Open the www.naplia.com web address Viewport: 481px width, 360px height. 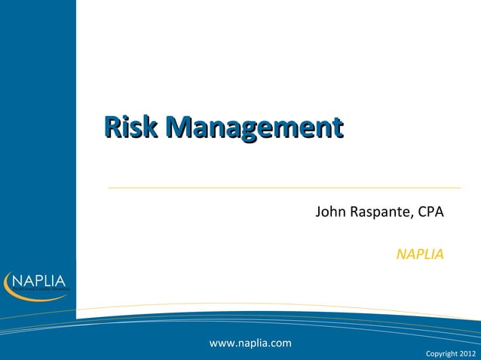pyautogui.click(x=250, y=343)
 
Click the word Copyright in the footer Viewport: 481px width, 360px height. pyautogui.click(x=440, y=352)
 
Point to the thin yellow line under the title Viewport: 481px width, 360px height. pyautogui.click(x=283, y=188)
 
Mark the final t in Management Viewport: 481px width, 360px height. pyautogui.click(x=339, y=128)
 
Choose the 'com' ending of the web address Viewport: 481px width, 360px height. pyautogui.click(x=280, y=343)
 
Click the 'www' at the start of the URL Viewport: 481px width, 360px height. pyautogui.click(x=221, y=343)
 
